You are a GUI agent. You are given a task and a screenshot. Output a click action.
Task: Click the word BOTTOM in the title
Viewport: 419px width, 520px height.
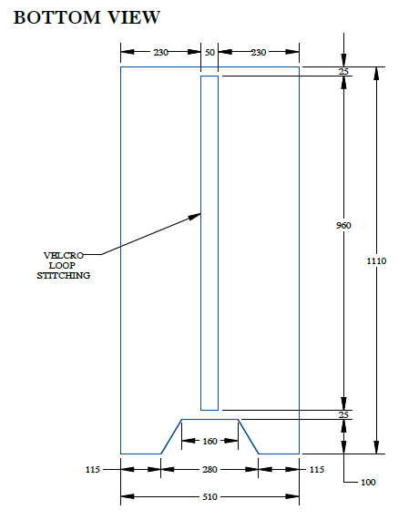pos(56,17)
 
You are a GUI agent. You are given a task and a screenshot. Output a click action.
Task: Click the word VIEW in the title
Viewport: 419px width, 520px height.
pos(134,17)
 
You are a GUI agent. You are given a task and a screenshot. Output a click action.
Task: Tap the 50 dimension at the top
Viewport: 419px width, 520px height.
pos(209,53)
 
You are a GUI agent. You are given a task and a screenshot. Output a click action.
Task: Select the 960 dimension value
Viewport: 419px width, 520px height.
pos(343,226)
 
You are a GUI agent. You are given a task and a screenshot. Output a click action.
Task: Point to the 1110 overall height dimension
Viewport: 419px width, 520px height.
pos(376,261)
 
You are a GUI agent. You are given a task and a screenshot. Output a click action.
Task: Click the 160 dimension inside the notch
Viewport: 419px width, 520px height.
pos(209,441)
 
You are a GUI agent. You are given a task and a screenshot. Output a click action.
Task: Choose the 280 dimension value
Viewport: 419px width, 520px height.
pos(209,469)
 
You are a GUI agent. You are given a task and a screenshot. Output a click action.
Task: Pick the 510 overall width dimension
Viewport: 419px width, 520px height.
pos(209,497)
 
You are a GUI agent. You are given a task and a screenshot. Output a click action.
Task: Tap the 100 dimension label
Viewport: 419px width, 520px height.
pos(368,482)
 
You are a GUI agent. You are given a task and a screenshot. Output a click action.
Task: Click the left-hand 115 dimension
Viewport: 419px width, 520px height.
pos(93,470)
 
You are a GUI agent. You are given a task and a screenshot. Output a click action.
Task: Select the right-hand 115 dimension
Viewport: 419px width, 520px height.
pos(317,470)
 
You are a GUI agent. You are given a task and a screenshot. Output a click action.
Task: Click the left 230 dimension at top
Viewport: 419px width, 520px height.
pos(160,53)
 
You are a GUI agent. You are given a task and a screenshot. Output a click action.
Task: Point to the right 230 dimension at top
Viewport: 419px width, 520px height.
pos(259,53)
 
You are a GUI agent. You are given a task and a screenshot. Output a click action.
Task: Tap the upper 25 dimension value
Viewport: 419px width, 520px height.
pos(343,72)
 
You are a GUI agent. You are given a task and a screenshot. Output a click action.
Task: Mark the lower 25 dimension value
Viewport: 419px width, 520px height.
pos(343,415)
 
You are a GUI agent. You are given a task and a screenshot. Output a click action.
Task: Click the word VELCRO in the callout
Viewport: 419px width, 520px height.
pos(64,255)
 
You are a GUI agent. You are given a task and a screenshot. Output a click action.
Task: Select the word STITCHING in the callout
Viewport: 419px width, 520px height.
pos(64,276)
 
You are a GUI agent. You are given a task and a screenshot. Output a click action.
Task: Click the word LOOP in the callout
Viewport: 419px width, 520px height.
pos(62,265)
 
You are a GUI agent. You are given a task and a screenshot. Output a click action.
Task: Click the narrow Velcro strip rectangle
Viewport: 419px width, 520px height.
pos(200,243)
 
